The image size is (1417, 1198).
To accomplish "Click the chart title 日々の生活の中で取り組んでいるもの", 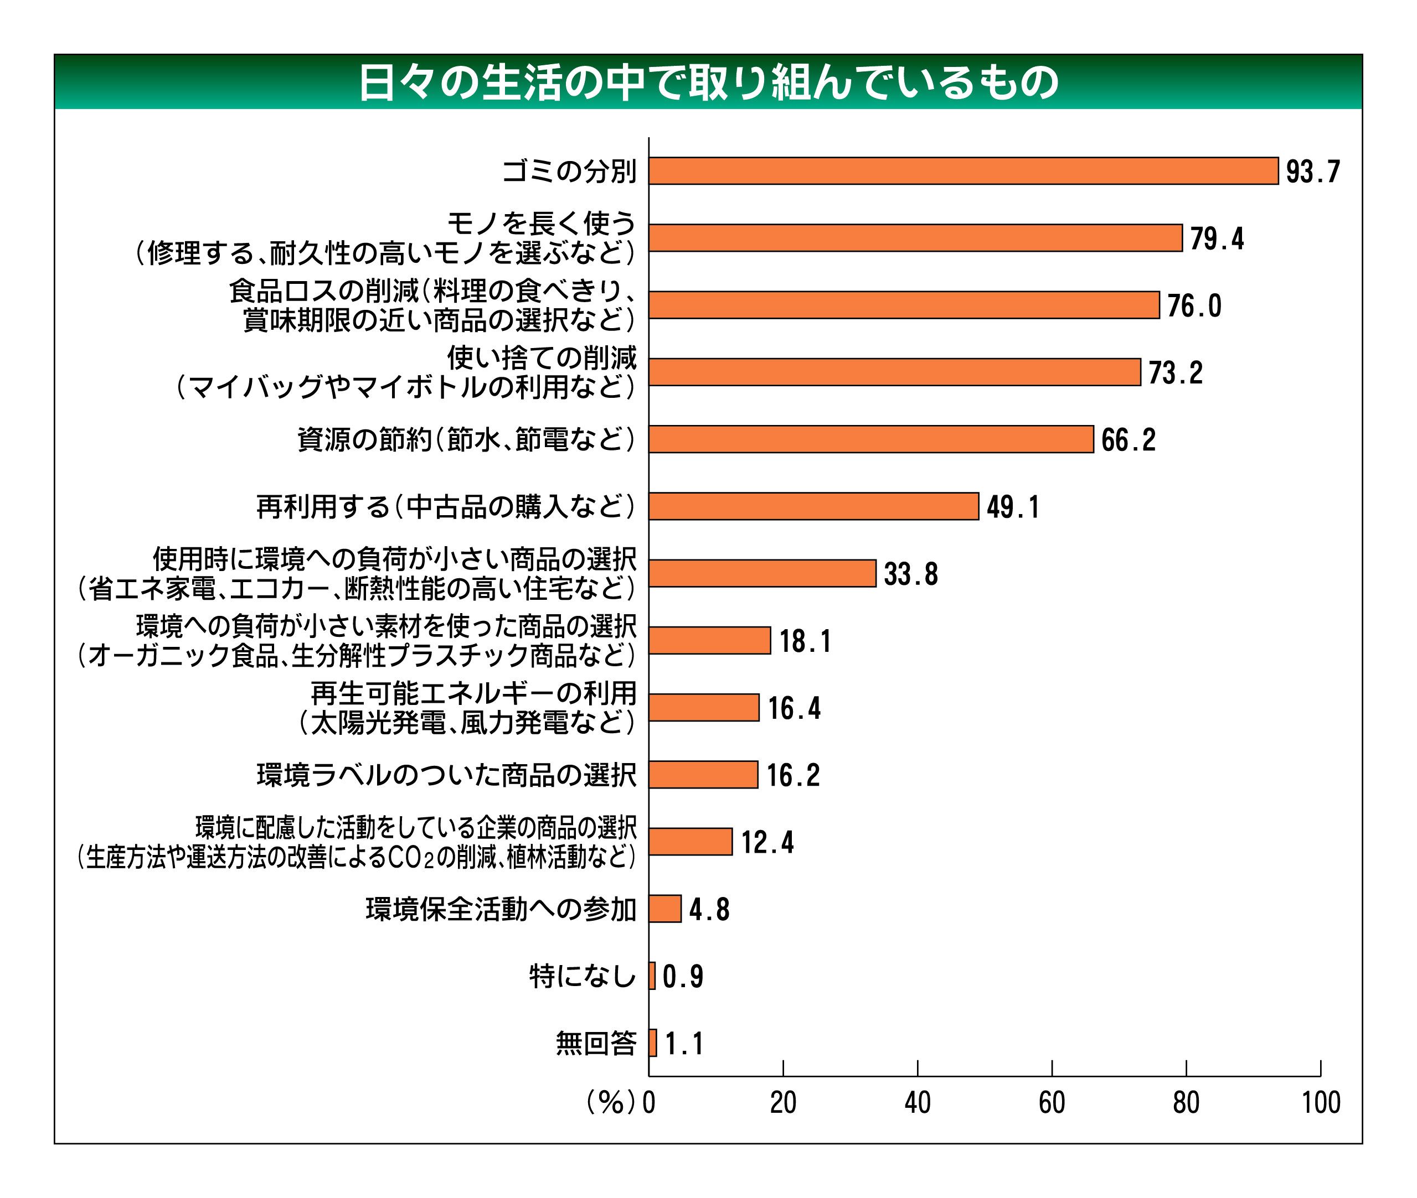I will [x=708, y=82].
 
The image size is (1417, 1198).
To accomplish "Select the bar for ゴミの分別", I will [x=963, y=170].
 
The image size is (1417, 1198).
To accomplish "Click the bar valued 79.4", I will [x=915, y=238].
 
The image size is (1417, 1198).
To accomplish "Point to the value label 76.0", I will [x=1194, y=305].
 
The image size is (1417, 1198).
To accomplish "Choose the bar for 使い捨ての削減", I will [x=894, y=372].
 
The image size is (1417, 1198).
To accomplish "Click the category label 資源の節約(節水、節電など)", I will [x=467, y=439].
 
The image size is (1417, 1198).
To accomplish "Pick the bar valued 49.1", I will [x=813, y=506].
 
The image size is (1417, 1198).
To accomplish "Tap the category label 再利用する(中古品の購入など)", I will [x=446, y=507].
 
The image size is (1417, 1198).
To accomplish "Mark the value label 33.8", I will [x=911, y=574].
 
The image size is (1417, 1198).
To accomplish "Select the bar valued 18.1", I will [x=709, y=640].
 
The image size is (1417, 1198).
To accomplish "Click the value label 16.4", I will [x=795, y=708].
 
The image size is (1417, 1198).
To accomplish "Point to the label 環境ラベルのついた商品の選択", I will [x=446, y=775].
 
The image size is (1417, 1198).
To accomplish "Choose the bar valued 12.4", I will [x=691, y=842].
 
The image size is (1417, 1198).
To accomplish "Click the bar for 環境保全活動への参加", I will [x=664, y=909].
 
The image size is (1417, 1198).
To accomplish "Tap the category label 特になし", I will [x=583, y=977].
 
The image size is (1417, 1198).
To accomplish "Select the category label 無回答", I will [x=596, y=1043].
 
